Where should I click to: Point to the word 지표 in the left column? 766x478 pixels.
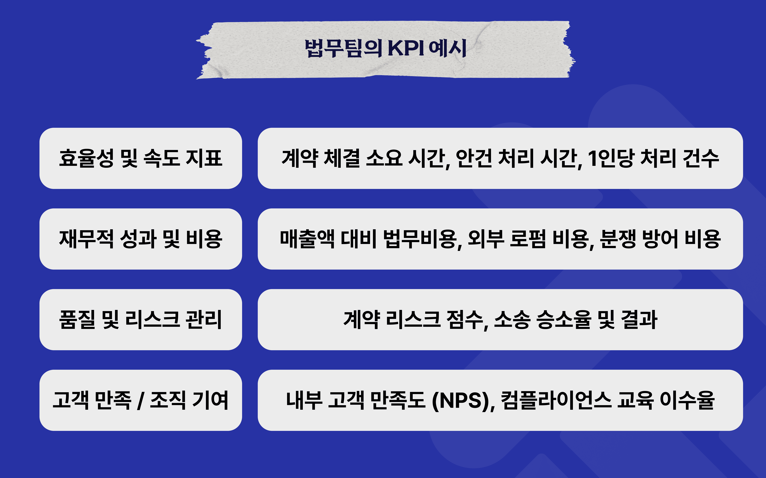point(204,158)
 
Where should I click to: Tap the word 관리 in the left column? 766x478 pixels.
point(204,319)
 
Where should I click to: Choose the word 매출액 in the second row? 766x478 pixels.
point(307,239)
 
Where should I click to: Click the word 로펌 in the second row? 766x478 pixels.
point(528,239)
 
